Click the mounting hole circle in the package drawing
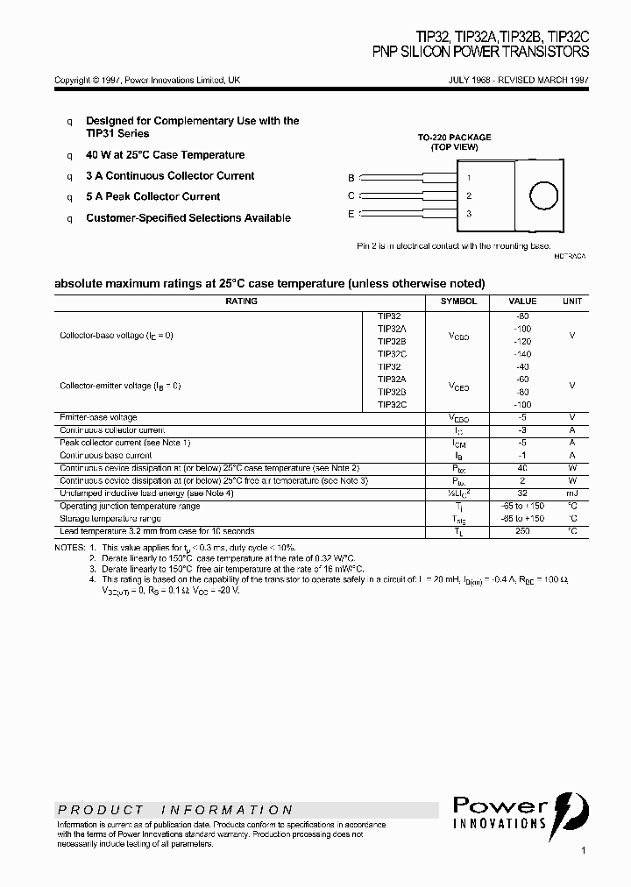pyautogui.click(x=543, y=195)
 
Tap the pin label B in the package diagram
pyautogui.click(x=351, y=177)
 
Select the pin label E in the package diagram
pyautogui.click(x=351, y=214)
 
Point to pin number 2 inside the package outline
pyautogui.click(x=469, y=196)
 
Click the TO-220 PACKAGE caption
pyautogui.click(x=454, y=138)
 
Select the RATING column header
pyautogui.click(x=241, y=302)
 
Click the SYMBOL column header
pyautogui.click(x=458, y=302)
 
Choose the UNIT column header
pyautogui.click(x=571, y=302)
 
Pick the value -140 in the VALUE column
pyautogui.click(x=523, y=353)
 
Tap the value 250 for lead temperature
pyautogui.click(x=523, y=531)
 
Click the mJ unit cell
pyautogui.click(x=571, y=493)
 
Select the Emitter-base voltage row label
pyautogui.click(x=98, y=417)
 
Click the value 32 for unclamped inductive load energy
pyautogui.click(x=523, y=493)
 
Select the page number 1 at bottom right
pyautogui.click(x=584, y=851)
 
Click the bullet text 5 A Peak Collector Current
pyautogui.click(x=152, y=197)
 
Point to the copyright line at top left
pyautogui.click(x=147, y=80)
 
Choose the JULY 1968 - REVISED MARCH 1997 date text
pyautogui.click(x=519, y=80)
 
